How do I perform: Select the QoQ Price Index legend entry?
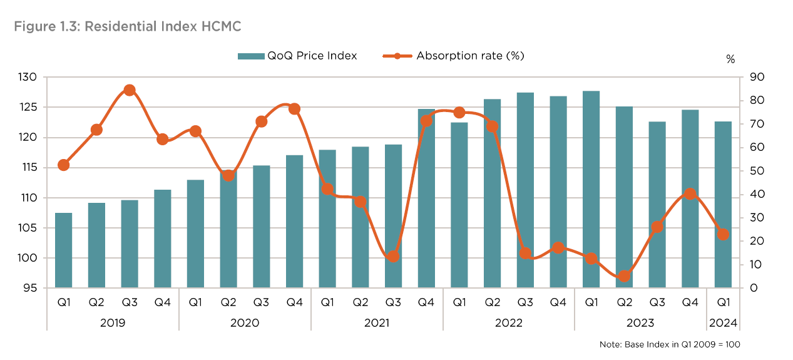coord(297,56)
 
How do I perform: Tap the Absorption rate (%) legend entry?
coord(453,56)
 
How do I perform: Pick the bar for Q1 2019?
coord(63,250)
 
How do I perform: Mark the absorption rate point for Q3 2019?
coord(130,90)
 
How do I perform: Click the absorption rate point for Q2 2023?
coord(624,276)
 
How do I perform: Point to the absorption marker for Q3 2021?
coord(393,257)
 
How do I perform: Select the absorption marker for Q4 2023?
coord(690,194)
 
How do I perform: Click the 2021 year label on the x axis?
coord(377,323)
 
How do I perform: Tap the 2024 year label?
coord(723,323)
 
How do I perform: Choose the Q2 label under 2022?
coord(492,302)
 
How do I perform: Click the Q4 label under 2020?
coord(294,302)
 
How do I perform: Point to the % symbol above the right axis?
coord(730,59)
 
